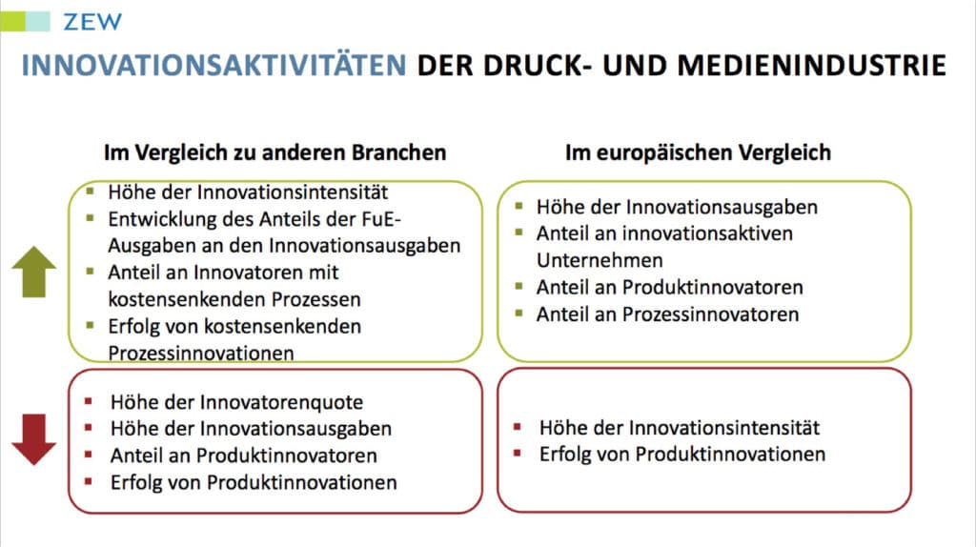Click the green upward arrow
33,272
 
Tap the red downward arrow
33,439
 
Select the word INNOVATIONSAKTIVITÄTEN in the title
214,66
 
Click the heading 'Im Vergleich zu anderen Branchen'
275,152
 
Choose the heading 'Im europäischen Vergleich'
698,152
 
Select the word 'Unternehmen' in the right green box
600,260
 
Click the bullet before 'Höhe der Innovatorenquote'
89,401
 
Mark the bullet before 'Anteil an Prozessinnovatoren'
518,313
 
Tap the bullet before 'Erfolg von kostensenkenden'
91,325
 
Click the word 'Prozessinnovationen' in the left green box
201,353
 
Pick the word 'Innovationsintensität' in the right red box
724,428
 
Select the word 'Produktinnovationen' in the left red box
302,483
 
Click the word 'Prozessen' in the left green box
316,299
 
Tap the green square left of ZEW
12,21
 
